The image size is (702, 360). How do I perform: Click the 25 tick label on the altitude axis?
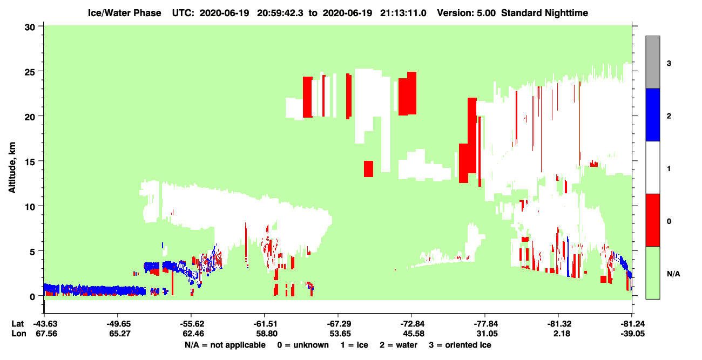(30, 71)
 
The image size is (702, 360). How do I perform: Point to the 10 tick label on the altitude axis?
(30, 207)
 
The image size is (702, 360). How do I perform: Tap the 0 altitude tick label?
(32, 297)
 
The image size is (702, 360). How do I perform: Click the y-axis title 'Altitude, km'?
(12, 167)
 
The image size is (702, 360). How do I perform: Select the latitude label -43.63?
(45, 324)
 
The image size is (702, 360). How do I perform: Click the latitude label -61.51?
(266, 324)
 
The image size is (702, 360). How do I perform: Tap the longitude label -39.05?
(633, 334)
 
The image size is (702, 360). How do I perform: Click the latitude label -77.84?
(486, 324)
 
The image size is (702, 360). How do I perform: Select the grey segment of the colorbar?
(653, 62)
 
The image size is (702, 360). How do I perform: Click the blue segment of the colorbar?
(653, 114)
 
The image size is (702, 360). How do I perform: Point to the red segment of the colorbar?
(653, 220)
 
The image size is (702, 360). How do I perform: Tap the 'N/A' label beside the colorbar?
(673, 274)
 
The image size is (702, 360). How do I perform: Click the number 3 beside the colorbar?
(669, 64)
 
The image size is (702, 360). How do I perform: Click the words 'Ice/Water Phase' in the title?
(124, 13)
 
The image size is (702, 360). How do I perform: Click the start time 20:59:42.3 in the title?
(280, 13)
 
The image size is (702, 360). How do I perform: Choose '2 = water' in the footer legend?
(399, 345)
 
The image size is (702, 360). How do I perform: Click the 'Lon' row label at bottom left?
(19, 334)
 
